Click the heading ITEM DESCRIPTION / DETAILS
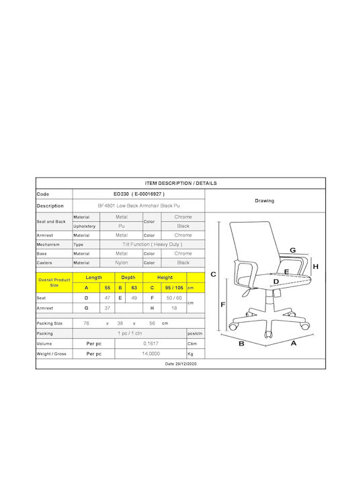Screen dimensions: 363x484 [x=181, y=183]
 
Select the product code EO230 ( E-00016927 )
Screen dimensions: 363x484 [x=139, y=194]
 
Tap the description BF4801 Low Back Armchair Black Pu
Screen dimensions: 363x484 [x=139, y=206]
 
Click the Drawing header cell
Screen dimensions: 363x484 [x=265, y=200]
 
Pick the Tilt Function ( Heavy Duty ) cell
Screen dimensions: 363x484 [x=153, y=245]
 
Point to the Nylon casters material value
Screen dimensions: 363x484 [x=121, y=263]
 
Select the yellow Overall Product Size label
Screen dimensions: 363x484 [x=54, y=282]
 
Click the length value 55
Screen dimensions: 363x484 [x=108, y=288]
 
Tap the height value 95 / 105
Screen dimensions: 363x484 [x=174, y=288]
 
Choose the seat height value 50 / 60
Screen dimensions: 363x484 [x=174, y=298]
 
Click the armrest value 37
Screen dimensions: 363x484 [x=108, y=308]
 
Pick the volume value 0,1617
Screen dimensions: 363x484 [x=151, y=344]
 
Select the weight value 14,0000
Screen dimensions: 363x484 [x=151, y=354]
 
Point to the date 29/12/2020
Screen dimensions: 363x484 [x=181, y=364]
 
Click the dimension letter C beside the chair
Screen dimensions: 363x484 [x=213, y=274]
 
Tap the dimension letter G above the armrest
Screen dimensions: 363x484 [x=293, y=250]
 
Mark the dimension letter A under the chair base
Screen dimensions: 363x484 [x=294, y=344]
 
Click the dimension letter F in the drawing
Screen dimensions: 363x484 [x=223, y=305]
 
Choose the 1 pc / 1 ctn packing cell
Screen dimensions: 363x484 [x=130, y=333]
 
